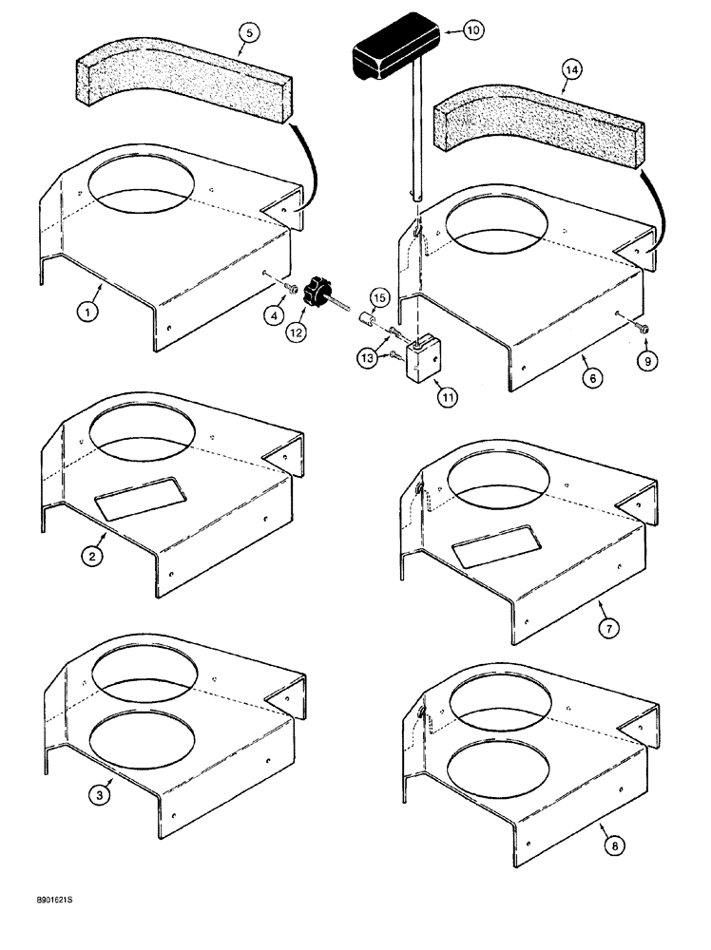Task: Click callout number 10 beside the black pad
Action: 472,30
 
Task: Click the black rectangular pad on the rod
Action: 393,51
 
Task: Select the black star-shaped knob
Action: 316,294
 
